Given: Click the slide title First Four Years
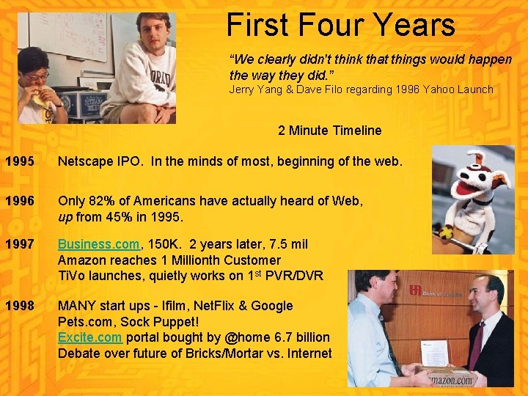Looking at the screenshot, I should tap(341, 25).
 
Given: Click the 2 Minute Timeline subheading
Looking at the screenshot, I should tap(329, 131).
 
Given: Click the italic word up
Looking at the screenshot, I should tap(66, 217).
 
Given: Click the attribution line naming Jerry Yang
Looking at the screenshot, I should tap(361, 89).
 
